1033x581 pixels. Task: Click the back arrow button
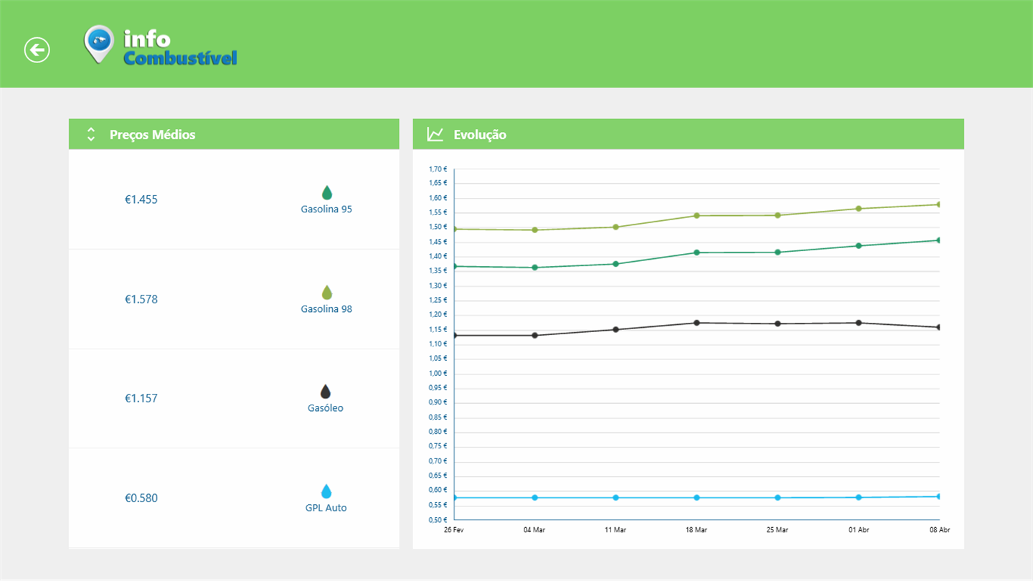(x=37, y=50)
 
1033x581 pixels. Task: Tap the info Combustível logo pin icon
(x=99, y=44)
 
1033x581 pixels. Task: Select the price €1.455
(x=141, y=199)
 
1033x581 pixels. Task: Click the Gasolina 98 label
(x=326, y=309)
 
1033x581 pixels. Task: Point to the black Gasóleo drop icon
(x=326, y=392)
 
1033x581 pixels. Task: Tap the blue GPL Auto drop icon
(x=326, y=491)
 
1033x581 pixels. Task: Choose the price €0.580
(x=141, y=498)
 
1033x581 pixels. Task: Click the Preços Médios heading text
(x=152, y=135)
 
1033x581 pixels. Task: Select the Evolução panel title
(x=480, y=135)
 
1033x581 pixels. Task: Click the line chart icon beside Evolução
(x=435, y=134)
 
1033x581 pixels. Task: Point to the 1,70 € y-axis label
(x=438, y=169)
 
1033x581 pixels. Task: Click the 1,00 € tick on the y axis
(x=438, y=373)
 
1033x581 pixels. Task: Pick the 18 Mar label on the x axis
(x=696, y=530)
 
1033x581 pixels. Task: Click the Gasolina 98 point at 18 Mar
(x=697, y=215)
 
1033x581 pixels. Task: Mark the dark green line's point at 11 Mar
(x=615, y=264)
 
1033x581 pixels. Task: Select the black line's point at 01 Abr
(x=858, y=323)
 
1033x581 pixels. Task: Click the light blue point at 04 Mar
(x=534, y=497)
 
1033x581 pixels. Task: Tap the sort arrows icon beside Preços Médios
(x=90, y=134)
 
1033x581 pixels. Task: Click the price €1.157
(x=141, y=398)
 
